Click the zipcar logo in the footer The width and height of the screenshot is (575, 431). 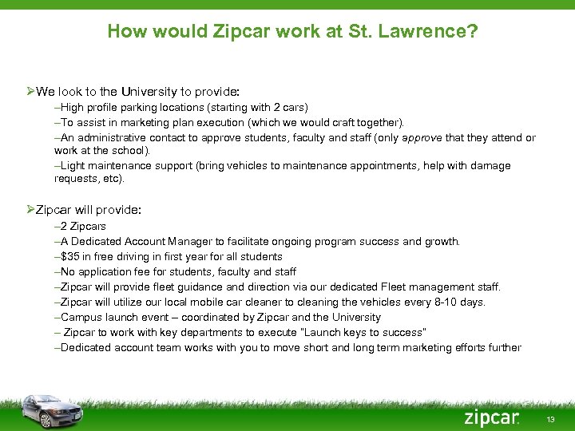(x=492, y=417)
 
